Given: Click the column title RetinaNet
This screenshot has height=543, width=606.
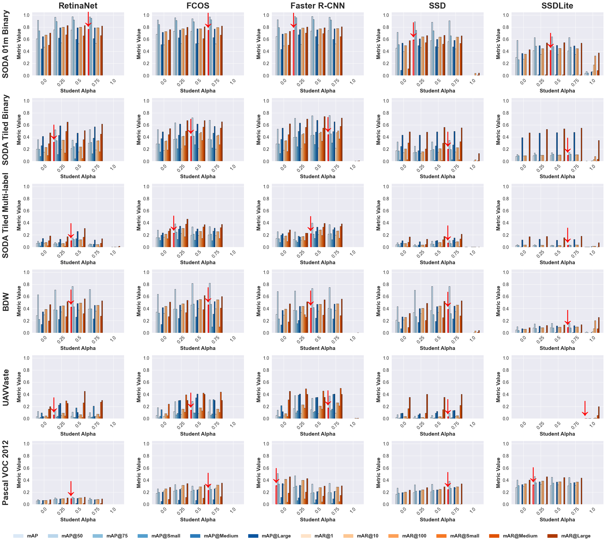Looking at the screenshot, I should coord(78,6).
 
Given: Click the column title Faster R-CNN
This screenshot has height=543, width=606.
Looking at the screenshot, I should coord(317,6).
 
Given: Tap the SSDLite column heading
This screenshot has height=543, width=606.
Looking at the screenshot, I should coord(557,6).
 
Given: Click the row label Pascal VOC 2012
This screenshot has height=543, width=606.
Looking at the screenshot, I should coord(6,473).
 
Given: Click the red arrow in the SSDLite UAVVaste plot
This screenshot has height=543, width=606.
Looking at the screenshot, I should coord(585,409).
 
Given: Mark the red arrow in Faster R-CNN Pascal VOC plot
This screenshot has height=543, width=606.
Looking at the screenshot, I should coord(276,476).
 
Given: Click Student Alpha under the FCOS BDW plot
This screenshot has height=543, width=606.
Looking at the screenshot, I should coord(198,348).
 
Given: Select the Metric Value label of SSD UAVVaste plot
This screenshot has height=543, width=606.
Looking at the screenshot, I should coord(378,387).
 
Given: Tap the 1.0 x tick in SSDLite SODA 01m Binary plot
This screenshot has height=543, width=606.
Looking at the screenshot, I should coord(592,81).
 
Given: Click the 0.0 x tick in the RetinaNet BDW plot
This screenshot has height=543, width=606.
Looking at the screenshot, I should coord(44,339).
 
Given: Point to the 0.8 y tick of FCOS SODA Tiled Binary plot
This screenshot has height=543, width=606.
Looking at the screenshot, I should coord(146,113).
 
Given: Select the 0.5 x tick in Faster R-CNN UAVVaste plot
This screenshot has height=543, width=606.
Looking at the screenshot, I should coord(318,425).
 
